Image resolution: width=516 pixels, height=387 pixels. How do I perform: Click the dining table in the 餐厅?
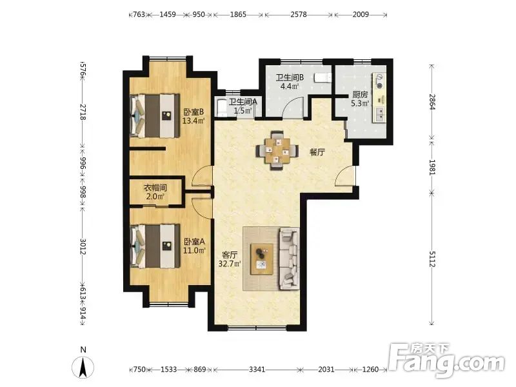278,151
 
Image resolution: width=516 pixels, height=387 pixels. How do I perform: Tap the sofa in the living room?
289,259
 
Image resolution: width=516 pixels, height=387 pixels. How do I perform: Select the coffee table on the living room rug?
262,259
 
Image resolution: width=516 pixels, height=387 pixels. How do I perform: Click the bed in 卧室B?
155,116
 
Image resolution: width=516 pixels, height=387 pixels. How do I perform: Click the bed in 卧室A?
155,246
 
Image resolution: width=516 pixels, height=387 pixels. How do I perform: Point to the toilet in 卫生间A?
222,108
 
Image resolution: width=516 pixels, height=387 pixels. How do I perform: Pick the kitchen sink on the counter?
379,114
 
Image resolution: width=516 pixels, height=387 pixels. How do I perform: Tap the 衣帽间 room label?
155,188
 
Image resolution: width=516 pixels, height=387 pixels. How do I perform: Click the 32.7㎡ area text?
230,263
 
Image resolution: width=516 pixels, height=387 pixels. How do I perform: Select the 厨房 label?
360,95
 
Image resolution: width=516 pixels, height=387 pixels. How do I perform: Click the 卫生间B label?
290,77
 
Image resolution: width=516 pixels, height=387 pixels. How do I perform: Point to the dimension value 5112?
432,259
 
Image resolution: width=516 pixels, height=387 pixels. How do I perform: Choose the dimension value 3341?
257,369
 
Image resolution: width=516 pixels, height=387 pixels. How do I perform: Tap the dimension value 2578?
299,14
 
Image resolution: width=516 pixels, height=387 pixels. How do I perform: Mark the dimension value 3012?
83,246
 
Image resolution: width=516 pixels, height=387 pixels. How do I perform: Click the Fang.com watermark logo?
446,361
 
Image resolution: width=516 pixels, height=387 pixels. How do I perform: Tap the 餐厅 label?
317,152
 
